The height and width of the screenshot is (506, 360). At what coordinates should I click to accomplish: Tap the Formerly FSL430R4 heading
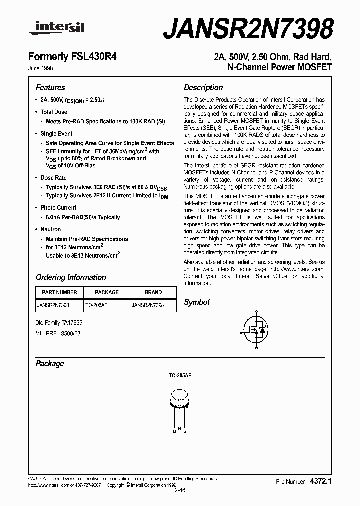click(76, 57)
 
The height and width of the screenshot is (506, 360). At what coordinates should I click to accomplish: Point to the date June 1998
click(44, 69)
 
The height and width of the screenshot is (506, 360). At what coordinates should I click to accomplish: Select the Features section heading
click(50, 87)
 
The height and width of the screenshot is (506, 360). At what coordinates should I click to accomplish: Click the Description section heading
click(203, 87)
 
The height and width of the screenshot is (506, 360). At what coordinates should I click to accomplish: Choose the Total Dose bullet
click(54, 112)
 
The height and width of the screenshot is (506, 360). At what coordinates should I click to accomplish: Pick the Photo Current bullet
click(58, 207)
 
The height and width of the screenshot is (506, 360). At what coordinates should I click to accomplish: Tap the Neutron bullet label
click(50, 229)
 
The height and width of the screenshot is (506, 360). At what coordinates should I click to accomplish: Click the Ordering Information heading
click(71, 277)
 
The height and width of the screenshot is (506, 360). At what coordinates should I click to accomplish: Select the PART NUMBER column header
click(59, 292)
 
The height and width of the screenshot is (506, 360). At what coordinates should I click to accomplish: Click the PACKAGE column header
click(106, 292)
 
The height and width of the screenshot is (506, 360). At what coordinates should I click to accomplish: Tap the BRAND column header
click(153, 292)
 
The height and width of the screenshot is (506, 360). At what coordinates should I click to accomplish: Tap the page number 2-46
click(180, 490)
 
